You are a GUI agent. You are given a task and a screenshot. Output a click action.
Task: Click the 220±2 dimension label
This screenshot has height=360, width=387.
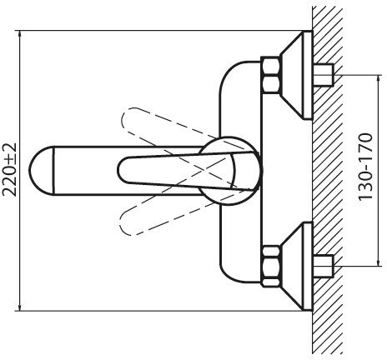click(x=9, y=170)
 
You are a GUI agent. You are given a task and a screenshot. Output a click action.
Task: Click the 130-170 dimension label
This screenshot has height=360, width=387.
click(x=365, y=167)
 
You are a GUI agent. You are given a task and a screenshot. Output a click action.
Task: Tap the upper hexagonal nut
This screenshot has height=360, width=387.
click(x=270, y=74)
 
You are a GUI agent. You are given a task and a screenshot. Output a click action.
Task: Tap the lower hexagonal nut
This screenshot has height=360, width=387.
click(x=270, y=266)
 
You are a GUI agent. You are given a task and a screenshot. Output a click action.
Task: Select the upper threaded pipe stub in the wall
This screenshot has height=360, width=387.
click(x=324, y=75)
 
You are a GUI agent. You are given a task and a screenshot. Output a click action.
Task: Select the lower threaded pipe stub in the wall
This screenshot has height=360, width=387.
click(x=324, y=266)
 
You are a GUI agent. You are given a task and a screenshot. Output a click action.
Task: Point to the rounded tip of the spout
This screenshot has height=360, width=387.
click(x=30, y=171)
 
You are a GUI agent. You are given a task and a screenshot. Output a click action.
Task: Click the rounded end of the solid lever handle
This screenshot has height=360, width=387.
click(x=118, y=170)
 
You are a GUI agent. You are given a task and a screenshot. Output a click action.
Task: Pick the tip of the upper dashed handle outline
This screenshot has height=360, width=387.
click(x=123, y=117)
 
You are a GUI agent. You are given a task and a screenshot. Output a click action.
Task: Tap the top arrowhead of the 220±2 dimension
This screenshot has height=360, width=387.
click(x=19, y=34)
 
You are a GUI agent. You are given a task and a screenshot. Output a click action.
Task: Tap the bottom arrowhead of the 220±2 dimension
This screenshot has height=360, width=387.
click(x=19, y=307)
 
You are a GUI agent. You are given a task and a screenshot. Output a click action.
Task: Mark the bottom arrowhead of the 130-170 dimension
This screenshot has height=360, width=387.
click(x=379, y=262)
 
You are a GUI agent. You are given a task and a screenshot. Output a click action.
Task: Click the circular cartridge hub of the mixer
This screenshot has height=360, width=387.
click(x=230, y=171)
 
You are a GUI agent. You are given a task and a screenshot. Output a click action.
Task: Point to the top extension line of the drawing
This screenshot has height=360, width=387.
click(x=164, y=30)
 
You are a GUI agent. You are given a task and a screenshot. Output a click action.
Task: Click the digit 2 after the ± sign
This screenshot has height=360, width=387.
click(x=9, y=148)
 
